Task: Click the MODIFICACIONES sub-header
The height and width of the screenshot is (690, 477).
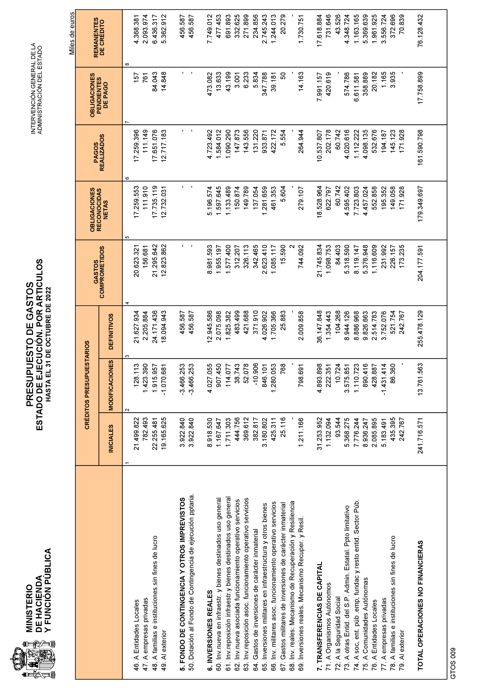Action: (111, 385)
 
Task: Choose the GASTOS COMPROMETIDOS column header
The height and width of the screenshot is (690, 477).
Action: (99, 272)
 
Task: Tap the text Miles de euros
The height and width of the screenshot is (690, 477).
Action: (72, 34)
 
